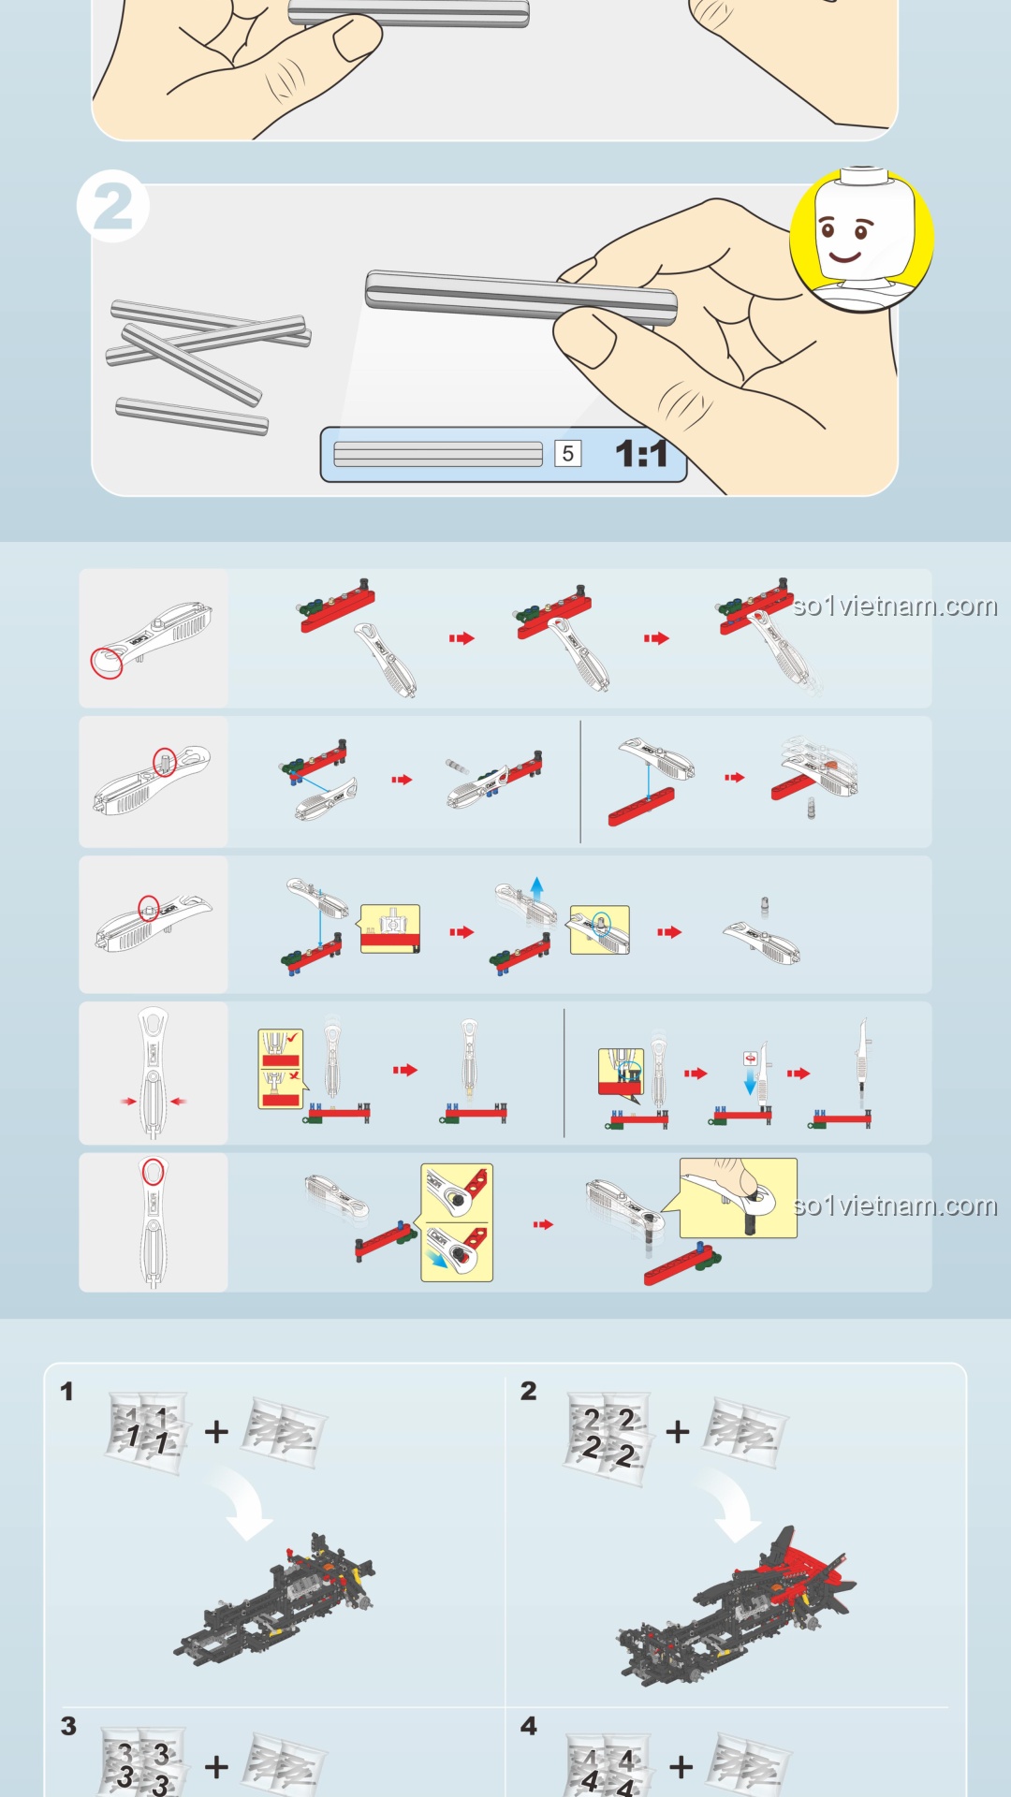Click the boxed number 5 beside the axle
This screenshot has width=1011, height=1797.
click(567, 454)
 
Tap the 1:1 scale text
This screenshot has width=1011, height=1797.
click(641, 454)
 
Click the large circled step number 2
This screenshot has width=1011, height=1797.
click(113, 207)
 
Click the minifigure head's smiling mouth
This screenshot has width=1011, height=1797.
click(844, 256)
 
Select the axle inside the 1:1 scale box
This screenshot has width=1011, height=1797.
click(438, 454)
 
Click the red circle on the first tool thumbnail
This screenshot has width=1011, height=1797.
click(107, 662)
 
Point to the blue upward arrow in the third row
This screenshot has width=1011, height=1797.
click(536, 888)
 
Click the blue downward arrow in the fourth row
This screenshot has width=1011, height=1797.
click(750, 1083)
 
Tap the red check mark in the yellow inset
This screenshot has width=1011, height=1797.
click(292, 1038)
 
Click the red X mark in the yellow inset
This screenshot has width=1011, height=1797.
click(294, 1076)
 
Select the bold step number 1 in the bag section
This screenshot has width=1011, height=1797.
click(66, 1392)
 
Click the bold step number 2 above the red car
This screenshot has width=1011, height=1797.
click(529, 1391)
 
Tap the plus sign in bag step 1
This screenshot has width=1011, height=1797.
click(216, 1431)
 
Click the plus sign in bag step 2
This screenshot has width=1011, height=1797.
click(678, 1431)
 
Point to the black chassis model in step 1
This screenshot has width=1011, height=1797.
click(275, 1598)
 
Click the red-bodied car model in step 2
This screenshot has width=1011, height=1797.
click(736, 1606)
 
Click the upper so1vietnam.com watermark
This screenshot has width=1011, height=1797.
click(895, 606)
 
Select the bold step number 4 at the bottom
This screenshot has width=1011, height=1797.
click(529, 1726)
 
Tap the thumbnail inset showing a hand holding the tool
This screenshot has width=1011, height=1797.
click(739, 1198)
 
